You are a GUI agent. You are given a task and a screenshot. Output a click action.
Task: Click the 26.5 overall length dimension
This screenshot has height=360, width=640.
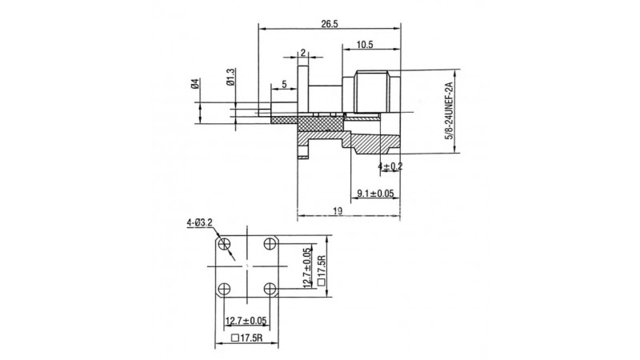click(329, 24)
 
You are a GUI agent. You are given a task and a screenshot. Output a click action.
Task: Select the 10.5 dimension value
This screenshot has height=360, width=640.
click(365, 45)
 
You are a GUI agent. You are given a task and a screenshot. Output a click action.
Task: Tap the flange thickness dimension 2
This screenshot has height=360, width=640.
click(303, 52)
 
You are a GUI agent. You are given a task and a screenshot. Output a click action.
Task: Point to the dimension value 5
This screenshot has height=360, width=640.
click(284, 85)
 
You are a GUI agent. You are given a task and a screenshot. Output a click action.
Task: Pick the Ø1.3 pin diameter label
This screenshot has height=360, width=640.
click(231, 77)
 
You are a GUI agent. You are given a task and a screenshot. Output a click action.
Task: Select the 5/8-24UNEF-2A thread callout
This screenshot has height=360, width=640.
click(449, 110)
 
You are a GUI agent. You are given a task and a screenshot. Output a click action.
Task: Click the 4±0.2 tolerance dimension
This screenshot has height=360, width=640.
click(390, 166)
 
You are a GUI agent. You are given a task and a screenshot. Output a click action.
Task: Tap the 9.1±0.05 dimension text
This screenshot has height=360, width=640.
click(375, 194)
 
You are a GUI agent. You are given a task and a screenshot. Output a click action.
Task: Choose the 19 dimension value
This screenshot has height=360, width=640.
click(338, 211)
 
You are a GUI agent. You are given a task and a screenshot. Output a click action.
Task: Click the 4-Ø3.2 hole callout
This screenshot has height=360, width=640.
click(199, 222)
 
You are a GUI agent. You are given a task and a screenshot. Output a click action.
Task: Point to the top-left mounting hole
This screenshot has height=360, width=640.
click(224, 245)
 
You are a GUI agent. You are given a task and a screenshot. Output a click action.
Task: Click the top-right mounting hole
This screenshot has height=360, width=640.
click(270, 244)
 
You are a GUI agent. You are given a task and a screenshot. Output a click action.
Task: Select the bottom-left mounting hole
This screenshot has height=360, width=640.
click(224, 289)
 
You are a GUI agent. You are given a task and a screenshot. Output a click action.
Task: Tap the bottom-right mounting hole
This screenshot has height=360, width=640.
click(270, 289)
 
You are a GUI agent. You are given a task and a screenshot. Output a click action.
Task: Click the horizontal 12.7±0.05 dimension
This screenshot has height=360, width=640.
click(246, 321)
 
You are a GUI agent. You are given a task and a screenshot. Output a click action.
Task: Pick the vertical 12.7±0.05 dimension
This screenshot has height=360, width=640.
click(309, 268)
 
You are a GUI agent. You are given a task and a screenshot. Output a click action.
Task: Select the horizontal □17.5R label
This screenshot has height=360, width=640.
click(246, 338)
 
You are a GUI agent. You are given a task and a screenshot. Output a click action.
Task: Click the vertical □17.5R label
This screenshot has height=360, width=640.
click(322, 270)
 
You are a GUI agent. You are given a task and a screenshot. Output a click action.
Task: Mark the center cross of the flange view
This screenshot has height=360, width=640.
click(247, 266)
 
